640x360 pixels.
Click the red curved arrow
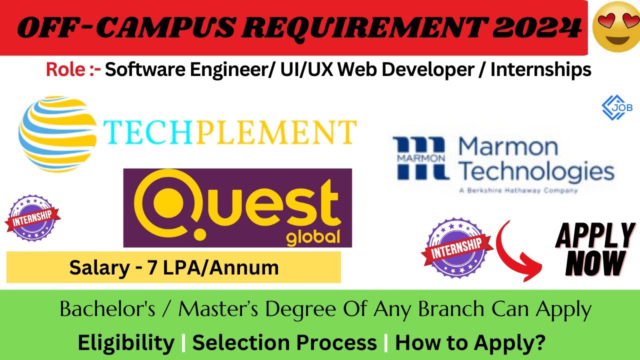[520, 250]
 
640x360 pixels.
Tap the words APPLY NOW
[594, 248]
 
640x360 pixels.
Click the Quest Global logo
[237, 207]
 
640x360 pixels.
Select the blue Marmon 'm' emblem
[419, 158]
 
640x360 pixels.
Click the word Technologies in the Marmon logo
[536, 171]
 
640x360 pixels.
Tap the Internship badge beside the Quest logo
[32, 218]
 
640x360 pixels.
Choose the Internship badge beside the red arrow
[454, 247]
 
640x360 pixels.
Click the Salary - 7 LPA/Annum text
[173, 267]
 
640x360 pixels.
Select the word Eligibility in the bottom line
[126, 343]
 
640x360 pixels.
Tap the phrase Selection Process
[284, 343]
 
